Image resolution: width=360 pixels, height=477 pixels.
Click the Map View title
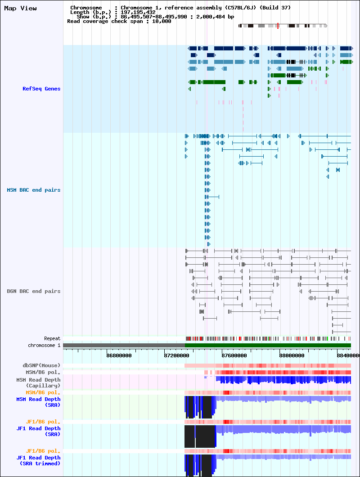[20, 9]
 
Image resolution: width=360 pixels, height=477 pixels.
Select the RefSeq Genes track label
[41, 89]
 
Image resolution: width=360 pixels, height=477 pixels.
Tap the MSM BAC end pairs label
[33, 190]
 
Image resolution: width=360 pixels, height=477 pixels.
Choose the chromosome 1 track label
[44, 345]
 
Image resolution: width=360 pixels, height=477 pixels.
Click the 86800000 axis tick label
[119, 355]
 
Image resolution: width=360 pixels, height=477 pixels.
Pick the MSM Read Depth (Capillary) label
[38, 382]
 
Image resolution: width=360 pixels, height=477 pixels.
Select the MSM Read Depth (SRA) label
[38, 402]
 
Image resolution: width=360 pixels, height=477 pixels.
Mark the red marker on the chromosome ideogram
[278, 26]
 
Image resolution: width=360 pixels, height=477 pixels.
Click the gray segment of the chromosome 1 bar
[124, 345]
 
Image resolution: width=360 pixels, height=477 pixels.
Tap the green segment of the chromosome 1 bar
[268, 345]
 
